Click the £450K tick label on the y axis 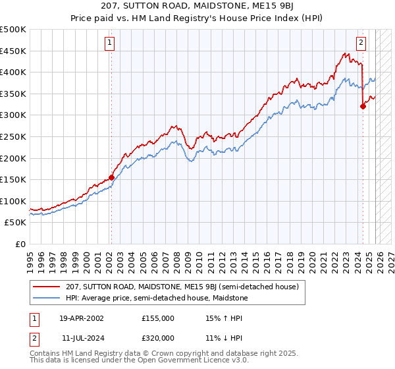click(x=13, y=51)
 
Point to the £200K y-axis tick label click(x=13, y=158)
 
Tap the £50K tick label click(x=16, y=223)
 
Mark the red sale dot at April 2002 click(x=111, y=177)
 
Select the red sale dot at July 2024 click(x=363, y=106)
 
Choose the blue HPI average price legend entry click(x=155, y=298)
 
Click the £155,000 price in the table click(x=158, y=318)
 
